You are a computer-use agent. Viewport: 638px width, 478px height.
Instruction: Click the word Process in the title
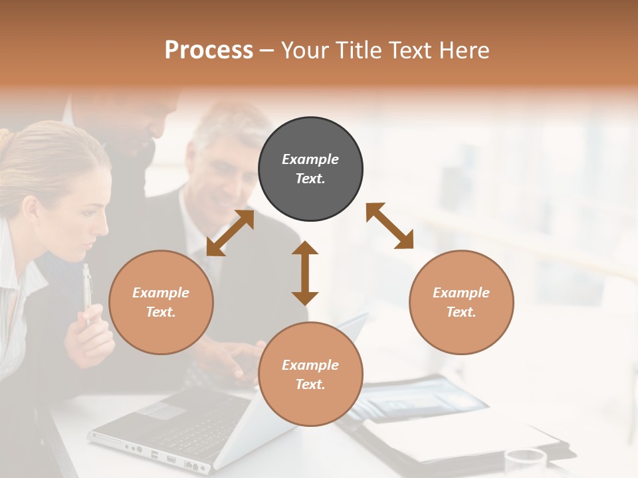[x=209, y=50]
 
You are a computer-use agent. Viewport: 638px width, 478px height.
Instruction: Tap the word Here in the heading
[x=465, y=50]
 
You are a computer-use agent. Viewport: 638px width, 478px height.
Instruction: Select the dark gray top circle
[x=310, y=169]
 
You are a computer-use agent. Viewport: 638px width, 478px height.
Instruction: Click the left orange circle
[x=161, y=302]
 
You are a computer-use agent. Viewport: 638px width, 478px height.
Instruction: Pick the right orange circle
[x=461, y=302]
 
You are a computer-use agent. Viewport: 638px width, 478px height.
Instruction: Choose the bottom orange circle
[x=310, y=374]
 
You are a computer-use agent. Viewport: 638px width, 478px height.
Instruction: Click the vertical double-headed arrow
[x=305, y=274]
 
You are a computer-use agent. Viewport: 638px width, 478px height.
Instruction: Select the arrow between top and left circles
[x=230, y=233]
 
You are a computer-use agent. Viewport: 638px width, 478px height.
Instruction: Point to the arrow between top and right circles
[x=389, y=226]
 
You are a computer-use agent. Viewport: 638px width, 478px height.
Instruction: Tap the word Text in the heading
[x=412, y=50]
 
